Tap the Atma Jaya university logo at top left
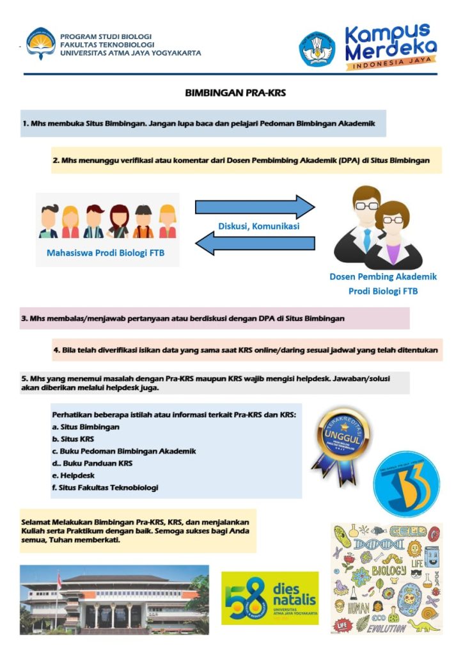pos(40,43)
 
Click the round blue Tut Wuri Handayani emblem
pos(317,50)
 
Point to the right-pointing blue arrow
pos(255,207)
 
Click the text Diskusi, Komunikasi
pos(258,225)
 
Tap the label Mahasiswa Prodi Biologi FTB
pos(106,253)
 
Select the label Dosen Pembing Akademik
pos(383,277)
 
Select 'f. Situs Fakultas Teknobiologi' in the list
pos(105,487)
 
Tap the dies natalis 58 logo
pos(269,598)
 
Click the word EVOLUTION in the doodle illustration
pos(386,627)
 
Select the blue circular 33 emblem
pos(406,484)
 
